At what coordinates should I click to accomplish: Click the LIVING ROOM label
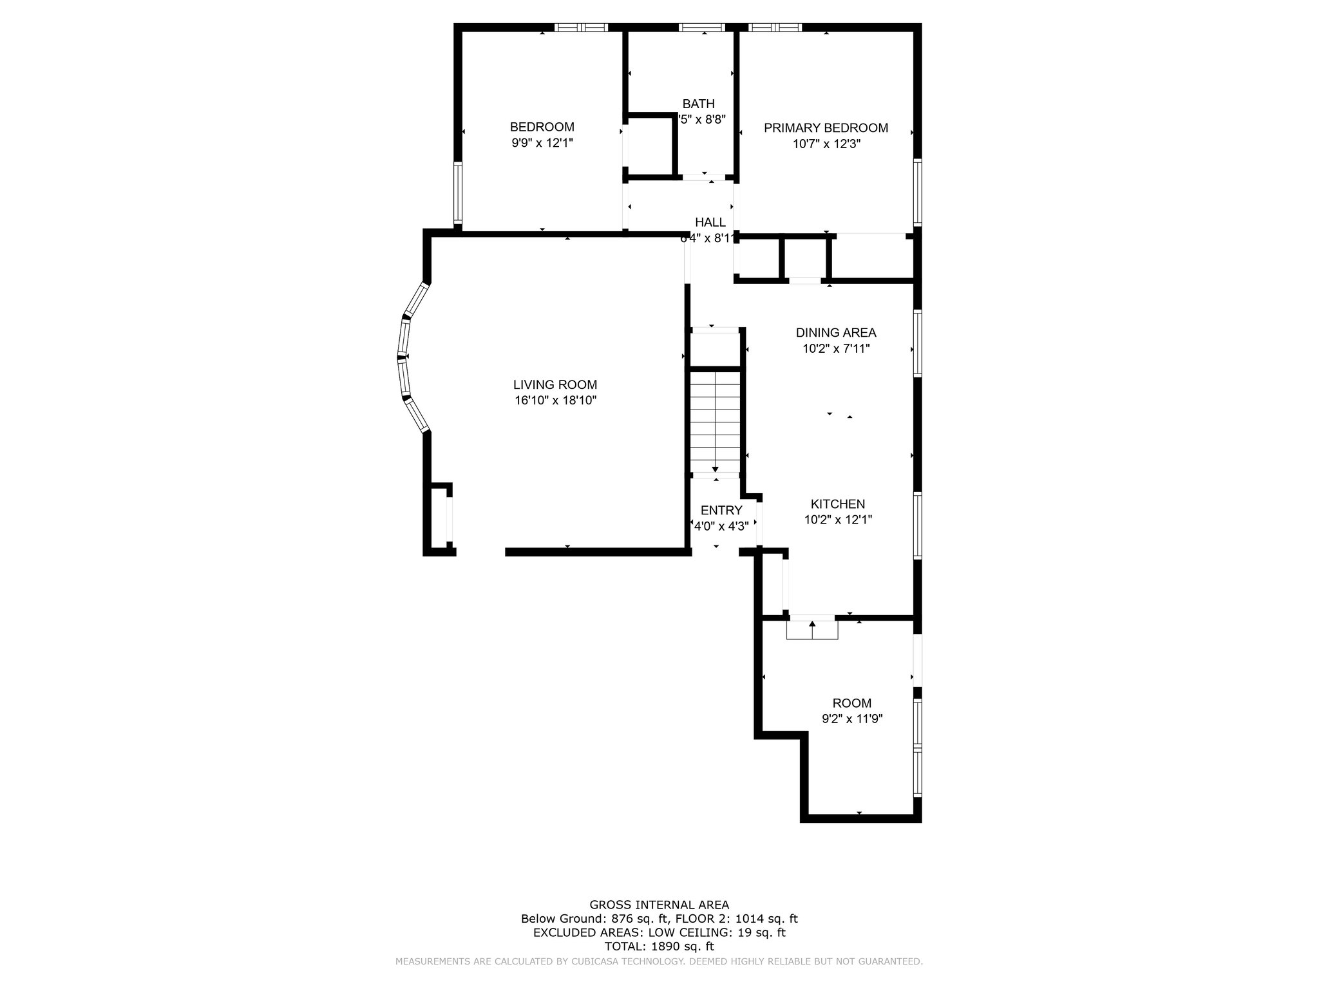tap(555, 384)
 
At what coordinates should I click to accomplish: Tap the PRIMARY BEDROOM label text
tap(826, 127)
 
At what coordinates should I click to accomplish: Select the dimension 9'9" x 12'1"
tap(542, 143)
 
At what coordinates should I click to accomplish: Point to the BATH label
tap(698, 104)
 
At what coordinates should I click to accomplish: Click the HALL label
tap(710, 222)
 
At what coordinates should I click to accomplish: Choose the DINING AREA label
tap(835, 333)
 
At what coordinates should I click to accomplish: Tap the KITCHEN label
tap(837, 504)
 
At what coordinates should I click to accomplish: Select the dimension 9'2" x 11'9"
tap(851, 719)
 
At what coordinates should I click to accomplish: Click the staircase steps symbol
tap(716, 422)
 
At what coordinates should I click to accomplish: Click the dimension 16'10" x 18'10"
tap(555, 400)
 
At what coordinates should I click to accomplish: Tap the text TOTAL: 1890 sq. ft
tap(659, 947)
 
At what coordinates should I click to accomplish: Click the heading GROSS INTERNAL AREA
tap(659, 905)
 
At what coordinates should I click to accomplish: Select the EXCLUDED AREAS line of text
tap(659, 932)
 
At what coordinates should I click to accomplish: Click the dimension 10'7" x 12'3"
tap(826, 144)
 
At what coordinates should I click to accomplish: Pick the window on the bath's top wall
tap(701, 28)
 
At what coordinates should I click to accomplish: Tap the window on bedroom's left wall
tap(458, 193)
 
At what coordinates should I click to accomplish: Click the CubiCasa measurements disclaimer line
tap(659, 961)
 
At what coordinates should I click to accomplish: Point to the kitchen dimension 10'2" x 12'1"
tap(837, 520)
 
